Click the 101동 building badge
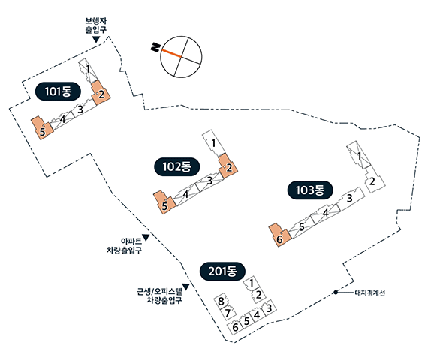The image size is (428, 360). [58, 91]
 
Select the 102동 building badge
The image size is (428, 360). [177, 166]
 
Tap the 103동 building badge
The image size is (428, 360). [310, 190]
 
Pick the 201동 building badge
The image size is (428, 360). [223, 271]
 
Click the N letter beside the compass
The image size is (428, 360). [155, 47]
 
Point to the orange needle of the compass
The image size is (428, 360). [171, 53]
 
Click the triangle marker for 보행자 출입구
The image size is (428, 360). [95, 39]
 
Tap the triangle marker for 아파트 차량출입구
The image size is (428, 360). [146, 238]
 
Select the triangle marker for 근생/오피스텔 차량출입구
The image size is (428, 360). [186, 286]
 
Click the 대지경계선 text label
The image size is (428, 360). [370, 292]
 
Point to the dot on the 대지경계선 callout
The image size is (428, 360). [336, 292]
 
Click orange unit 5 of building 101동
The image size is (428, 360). [42, 128]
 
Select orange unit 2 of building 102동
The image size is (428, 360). [228, 166]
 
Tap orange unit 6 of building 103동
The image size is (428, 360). [280, 235]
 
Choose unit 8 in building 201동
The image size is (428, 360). [221, 301]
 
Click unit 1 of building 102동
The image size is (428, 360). [213, 143]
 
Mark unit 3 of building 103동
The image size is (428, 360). [351, 199]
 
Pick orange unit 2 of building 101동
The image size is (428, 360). [101, 93]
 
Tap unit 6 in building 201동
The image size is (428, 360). [235, 327]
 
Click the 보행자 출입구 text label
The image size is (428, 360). [96, 25]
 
